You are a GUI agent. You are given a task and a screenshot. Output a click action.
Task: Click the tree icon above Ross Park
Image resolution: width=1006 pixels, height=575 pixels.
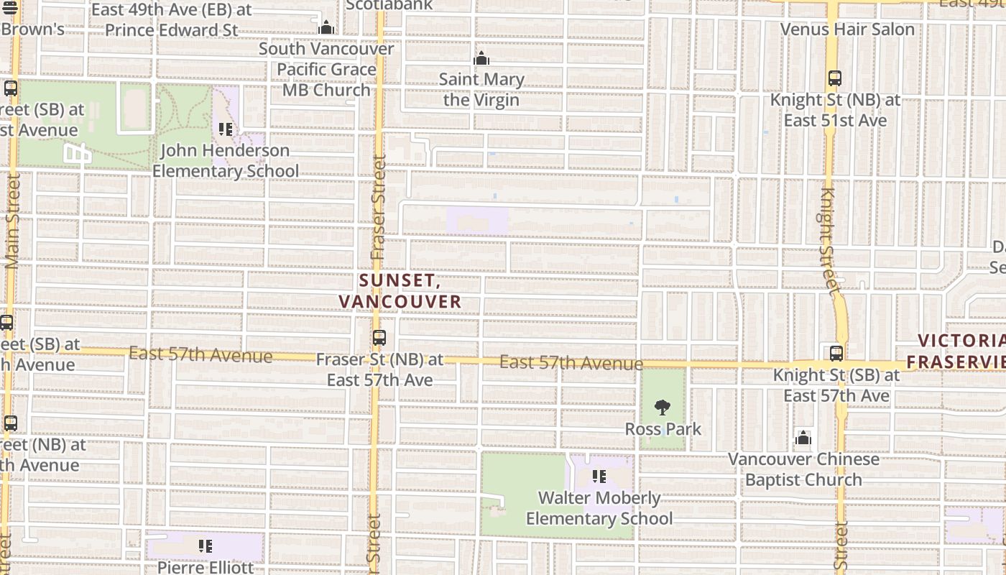pyautogui.click(x=663, y=408)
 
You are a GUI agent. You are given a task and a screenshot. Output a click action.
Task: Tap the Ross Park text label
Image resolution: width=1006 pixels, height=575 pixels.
pyautogui.click(x=663, y=429)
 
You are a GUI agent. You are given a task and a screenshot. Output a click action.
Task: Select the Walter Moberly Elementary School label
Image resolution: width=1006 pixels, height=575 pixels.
pyautogui.click(x=599, y=508)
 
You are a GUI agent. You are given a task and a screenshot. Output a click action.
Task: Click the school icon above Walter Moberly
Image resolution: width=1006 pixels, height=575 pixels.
pyautogui.click(x=599, y=476)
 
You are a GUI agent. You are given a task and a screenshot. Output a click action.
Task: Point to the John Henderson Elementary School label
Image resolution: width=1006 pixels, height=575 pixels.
pyautogui.click(x=225, y=160)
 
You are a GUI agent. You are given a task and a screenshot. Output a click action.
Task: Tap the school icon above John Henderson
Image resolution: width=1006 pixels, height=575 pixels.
pyautogui.click(x=226, y=129)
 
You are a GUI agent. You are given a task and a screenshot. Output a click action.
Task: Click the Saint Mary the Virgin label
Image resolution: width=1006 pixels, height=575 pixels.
pyautogui.click(x=481, y=89)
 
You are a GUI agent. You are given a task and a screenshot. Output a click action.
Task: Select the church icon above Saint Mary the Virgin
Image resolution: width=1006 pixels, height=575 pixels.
pyautogui.click(x=481, y=58)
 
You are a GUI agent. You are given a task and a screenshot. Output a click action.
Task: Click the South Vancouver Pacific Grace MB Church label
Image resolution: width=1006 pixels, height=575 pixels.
pyautogui.click(x=326, y=69)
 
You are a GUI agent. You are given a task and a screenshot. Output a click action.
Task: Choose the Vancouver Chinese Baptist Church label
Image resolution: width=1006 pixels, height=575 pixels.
pyautogui.click(x=803, y=469)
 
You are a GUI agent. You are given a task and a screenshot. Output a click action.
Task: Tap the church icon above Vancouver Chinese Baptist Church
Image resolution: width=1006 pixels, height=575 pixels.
pyautogui.click(x=803, y=438)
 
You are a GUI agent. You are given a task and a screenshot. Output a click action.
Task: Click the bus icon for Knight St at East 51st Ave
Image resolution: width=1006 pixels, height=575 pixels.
pyautogui.click(x=834, y=78)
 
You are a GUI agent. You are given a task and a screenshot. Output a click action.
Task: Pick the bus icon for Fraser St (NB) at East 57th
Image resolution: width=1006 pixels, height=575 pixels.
pyautogui.click(x=379, y=337)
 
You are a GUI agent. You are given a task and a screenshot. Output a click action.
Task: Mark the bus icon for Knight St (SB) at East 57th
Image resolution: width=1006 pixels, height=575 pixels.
pyautogui.click(x=836, y=353)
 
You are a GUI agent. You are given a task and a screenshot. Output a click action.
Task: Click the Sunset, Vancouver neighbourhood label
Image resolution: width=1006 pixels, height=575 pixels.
pyautogui.click(x=400, y=291)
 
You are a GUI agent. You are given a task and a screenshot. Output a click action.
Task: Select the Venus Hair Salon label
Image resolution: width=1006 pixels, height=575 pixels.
pyautogui.click(x=847, y=29)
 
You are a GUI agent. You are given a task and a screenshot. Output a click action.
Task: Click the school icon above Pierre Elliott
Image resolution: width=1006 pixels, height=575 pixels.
pyautogui.click(x=206, y=547)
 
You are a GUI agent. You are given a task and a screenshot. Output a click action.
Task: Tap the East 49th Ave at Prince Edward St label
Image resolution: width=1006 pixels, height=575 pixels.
pyautogui.click(x=172, y=20)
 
